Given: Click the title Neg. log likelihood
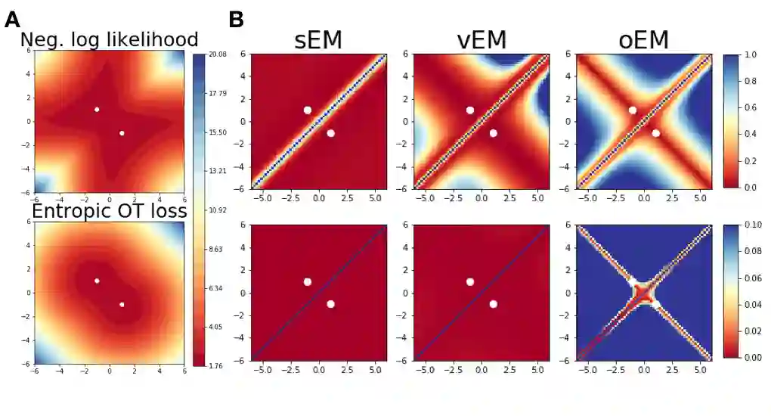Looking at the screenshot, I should click(x=110, y=40).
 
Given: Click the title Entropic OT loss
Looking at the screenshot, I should click(x=110, y=211).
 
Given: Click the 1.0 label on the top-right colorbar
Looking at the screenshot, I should click(x=752, y=55).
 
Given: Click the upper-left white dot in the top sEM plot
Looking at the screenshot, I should click(x=308, y=110).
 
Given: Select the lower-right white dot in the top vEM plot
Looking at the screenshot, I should click(x=493, y=133).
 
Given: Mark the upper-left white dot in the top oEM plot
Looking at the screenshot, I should click(x=633, y=110).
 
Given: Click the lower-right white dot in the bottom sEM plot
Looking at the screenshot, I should click(x=330, y=304).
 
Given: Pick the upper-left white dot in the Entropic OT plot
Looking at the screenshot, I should click(x=97, y=281).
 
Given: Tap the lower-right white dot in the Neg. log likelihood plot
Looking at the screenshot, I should click(x=122, y=133).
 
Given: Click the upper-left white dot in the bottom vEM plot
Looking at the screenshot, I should click(x=470, y=281).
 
